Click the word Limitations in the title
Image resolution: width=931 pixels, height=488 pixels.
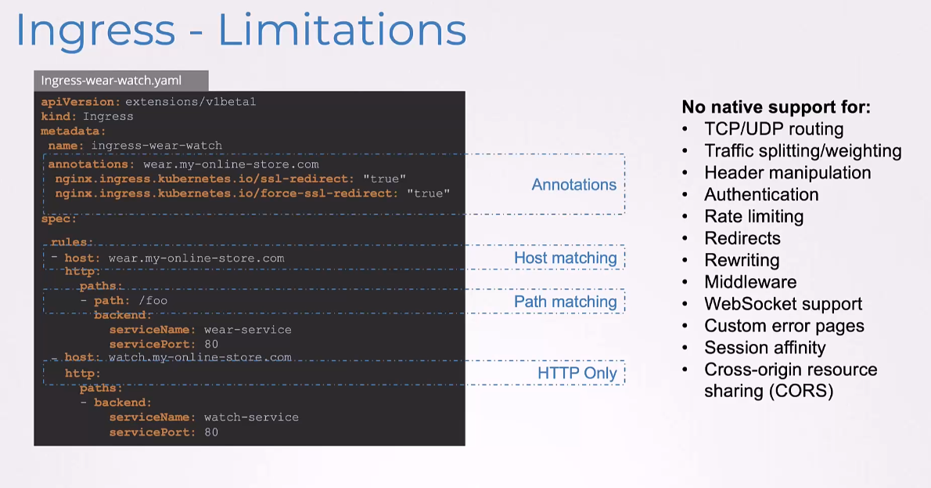[x=342, y=30]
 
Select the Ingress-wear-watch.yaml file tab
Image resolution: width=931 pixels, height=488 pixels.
[x=121, y=80]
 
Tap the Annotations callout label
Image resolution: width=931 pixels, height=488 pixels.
[x=573, y=185]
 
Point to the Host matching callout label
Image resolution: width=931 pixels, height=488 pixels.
[x=565, y=258]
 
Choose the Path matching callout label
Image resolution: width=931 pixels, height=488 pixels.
[x=565, y=302]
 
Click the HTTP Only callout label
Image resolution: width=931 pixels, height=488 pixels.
[x=577, y=374]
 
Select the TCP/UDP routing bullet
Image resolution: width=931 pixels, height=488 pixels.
[x=774, y=129]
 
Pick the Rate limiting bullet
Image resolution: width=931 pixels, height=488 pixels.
[x=753, y=216]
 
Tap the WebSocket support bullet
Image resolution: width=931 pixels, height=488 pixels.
[x=783, y=304]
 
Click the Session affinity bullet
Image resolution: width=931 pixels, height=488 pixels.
[x=765, y=348]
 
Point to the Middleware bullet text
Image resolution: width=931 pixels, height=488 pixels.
[x=750, y=282]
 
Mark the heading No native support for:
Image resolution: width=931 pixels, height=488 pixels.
[x=776, y=107]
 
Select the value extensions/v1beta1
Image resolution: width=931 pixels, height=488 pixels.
[x=191, y=102]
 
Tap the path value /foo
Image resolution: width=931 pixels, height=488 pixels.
[x=153, y=301]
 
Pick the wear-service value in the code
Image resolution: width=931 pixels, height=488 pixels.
[x=247, y=330]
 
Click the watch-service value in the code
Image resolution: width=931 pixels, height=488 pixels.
[x=251, y=418]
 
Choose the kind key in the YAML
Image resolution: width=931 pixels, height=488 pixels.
[x=58, y=117]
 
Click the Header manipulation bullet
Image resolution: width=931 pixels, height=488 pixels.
[x=787, y=173]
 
